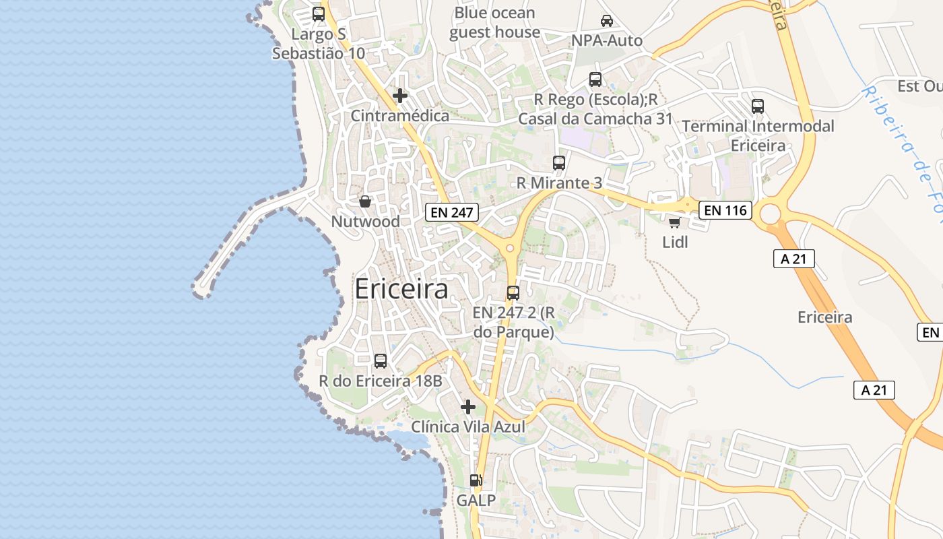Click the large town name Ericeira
[x=401, y=289]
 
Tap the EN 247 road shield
[x=452, y=213]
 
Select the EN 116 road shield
[x=725, y=210]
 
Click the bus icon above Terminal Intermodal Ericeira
[x=758, y=106]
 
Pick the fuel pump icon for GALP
[x=476, y=480]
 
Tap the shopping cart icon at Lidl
[x=674, y=222]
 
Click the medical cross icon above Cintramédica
[x=400, y=96]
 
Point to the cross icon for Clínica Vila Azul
[x=468, y=407]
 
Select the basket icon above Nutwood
[x=365, y=201]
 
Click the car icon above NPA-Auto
[x=607, y=21]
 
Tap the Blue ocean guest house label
[x=494, y=22]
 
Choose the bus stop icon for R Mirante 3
[x=559, y=163]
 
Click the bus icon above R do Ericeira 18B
[x=381, y=361]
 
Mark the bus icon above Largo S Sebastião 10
[x=319, y=14]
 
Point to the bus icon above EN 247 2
[x=513, y=293]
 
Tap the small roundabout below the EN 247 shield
[x=510, y=249]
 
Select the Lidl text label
[x=675, y=243]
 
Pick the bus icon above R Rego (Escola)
[x=595, y=80]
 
